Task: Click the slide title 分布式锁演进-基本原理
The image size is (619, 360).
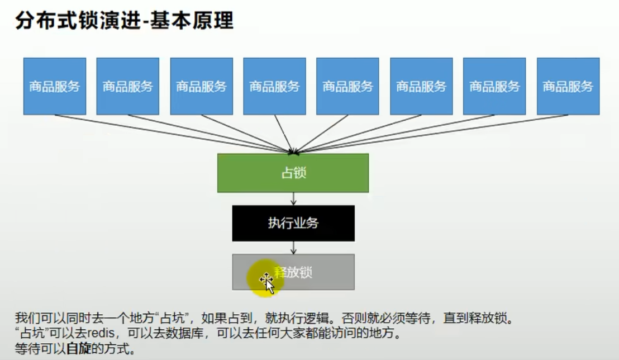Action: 123,21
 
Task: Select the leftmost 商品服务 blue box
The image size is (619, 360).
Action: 55,86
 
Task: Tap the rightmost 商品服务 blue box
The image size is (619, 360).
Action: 568,86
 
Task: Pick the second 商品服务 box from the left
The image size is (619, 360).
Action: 128,86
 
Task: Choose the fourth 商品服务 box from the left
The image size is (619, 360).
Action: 274,86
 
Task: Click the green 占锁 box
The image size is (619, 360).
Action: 293,173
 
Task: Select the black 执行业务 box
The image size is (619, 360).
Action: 293,223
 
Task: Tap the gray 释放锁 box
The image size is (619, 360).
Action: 293,272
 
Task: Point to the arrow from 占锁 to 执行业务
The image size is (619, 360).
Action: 293,199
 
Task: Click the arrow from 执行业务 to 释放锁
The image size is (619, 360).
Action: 293,248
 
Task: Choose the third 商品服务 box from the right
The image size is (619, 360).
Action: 421,86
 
